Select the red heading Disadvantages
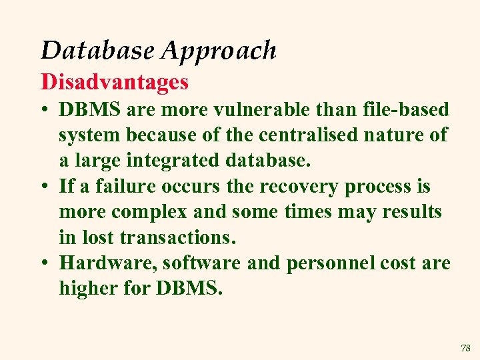click(x=115, y=82)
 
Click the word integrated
click(x=176, y=161)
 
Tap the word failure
click(x=126, y=186)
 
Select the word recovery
click(x=299, y=186)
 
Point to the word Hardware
click(x=108, y=263)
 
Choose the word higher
click(x=91, y=289)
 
